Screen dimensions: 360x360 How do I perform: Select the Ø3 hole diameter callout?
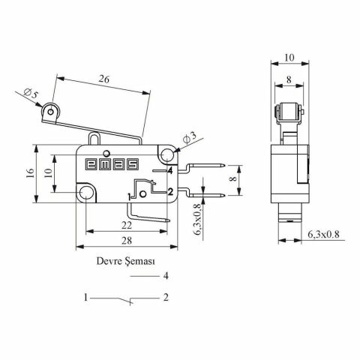pyautogui.click(x=190, y=137)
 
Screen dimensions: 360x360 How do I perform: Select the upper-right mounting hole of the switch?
pyautogui.click(x=166, y=155)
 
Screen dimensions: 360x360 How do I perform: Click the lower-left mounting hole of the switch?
pyautogui.click(x=88, y=195)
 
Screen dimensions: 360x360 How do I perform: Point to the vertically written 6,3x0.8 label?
pyautogui.click(x=197, y=219)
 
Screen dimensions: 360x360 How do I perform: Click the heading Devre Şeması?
pyautogui.click(x=124, y=262)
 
